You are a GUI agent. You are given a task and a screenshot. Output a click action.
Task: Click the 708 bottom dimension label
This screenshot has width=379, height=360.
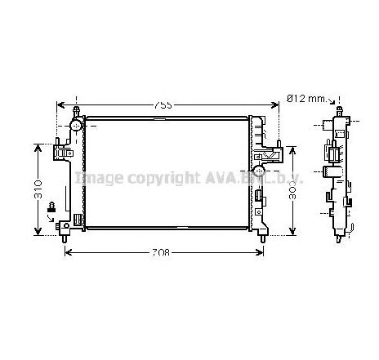[162, 252]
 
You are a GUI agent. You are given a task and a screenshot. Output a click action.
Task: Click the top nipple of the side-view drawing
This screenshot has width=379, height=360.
[339, 109]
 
